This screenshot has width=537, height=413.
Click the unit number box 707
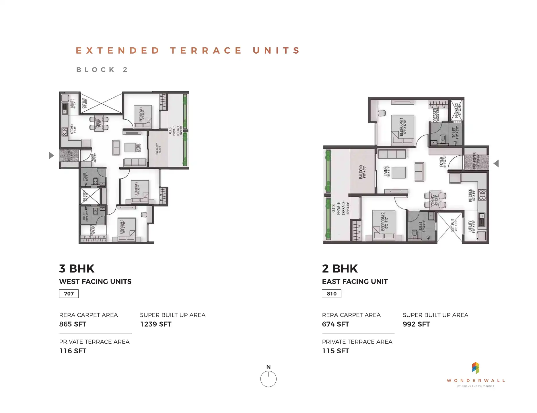click(x=69, y=294)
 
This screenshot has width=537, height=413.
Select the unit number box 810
click(x=332, y=294)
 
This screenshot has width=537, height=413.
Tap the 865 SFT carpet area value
click(x=73, y=324)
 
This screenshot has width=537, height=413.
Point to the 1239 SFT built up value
click(x=155, y=324)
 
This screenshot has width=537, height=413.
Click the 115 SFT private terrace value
click(x=335, y=351)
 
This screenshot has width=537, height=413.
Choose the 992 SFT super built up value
click(x=416, y=324)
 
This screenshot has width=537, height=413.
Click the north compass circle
click(x=268, y=379)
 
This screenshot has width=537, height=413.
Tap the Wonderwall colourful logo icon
click(x=476, y=368)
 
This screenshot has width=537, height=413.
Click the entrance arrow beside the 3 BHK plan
click(x=51, y=155)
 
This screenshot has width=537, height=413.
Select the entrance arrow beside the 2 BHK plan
click(x=496, y=163)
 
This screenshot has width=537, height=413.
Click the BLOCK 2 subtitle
click(x=102, y=70)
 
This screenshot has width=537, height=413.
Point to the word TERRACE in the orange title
click(x=206, y=50)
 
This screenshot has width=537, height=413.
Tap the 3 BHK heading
click(x=77, y=269)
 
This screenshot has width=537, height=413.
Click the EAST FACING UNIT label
click(x=355, y=282)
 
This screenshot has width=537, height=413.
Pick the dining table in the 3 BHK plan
click(x=99, y=124)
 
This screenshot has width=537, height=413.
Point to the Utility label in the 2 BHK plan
click(x=471, y=226)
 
